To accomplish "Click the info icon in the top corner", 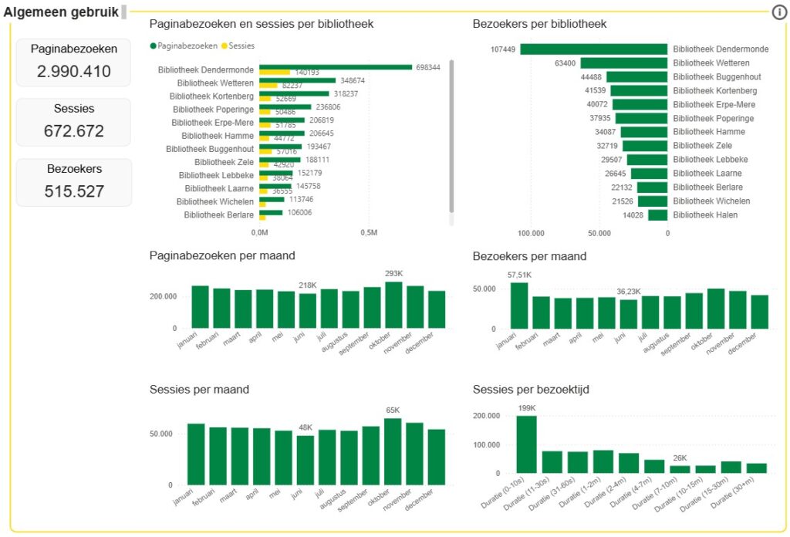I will click(x=779, y=12).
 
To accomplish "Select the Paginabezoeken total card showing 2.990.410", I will click(x=73, y=62).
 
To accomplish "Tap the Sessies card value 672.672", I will click(x=73, y=131).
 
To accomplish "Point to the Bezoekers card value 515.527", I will click(x=73, y=191).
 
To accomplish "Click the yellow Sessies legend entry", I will click(x=241, y=46).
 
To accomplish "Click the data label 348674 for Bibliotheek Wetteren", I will click(x=352, y=80).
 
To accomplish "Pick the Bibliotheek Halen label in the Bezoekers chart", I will click(x=705, y=215).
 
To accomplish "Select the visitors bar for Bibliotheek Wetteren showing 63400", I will click(x=623, y=63).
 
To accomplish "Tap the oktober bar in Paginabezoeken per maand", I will click(x=393, y=305).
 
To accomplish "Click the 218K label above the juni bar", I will click(x=307, y=286).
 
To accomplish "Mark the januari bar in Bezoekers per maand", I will click(x=519, y=306).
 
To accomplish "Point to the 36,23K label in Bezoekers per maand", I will click(x=629, y=292).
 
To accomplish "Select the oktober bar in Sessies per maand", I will click(x=393, y=452).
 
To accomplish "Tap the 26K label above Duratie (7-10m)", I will click(x=680, y=458).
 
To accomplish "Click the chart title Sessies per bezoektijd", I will click(x=531, y=390).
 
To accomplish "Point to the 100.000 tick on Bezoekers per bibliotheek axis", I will click(x=532, y=232).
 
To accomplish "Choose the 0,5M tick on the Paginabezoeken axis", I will click(x=369, y=232).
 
